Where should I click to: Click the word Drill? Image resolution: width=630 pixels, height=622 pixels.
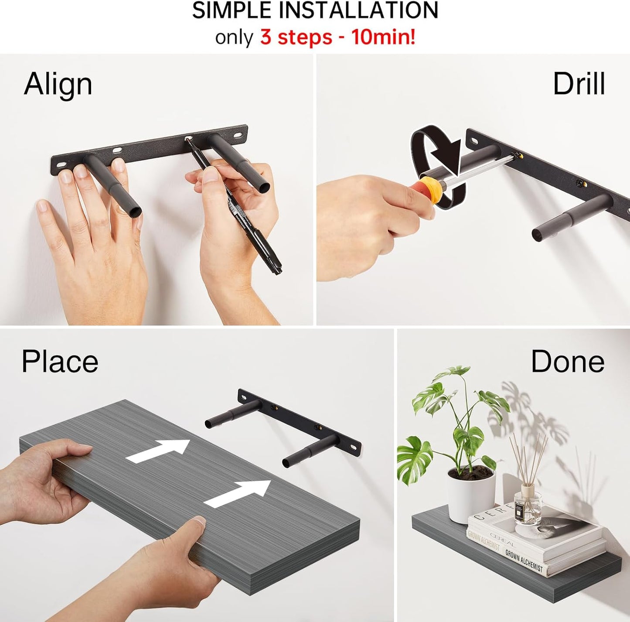tap(579, 84)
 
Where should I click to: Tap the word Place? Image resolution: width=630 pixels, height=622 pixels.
tap(60, 362)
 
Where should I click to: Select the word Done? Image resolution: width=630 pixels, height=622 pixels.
tap(568, 361)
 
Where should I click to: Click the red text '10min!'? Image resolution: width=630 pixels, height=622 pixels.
tap(383, 38)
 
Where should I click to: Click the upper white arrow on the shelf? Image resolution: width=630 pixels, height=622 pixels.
tap(157, 451)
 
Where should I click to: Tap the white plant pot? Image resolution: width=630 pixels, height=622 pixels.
tap(471, 496)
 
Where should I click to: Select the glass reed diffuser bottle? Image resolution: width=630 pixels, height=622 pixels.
tap(528, 509)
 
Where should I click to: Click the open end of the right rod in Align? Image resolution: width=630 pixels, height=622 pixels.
tap(264, 187)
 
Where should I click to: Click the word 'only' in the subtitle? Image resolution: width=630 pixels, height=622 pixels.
tap(234, 38)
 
